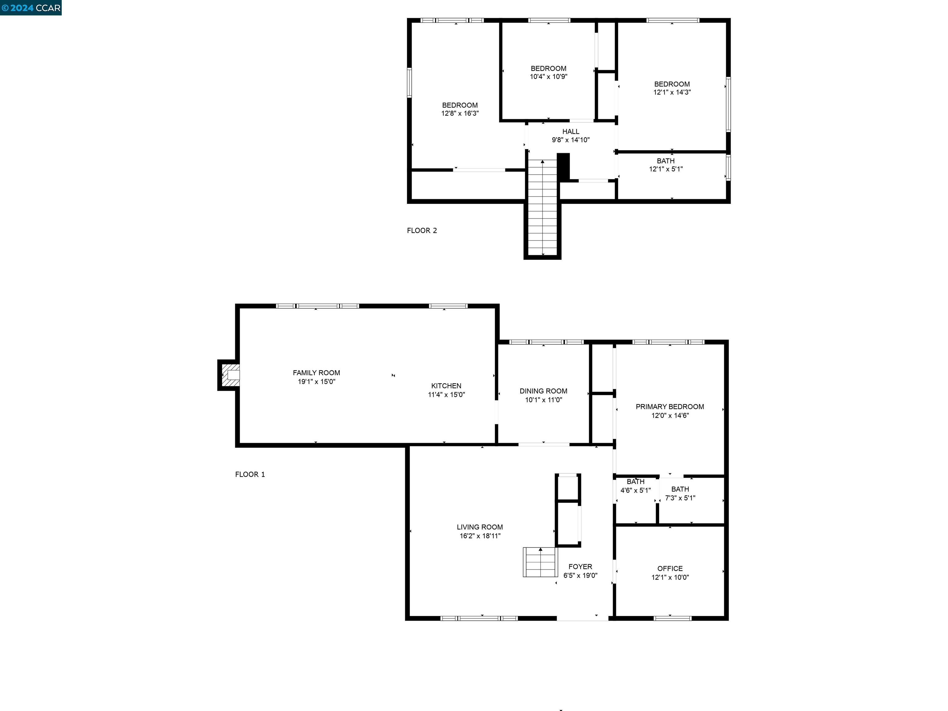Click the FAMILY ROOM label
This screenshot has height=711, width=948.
coord(316,373)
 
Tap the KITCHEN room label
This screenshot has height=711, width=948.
coord(446,386)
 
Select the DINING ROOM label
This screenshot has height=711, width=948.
coord(543,391)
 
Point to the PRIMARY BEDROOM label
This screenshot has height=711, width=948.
coord(669,407)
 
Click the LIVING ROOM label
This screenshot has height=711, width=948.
coord(480,527)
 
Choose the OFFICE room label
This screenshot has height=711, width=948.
coord(670,568)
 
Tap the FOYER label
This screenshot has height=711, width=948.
coord(580,567)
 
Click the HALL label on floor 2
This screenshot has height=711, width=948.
coord(570,131)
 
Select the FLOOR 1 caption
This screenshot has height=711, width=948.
coord(250,474)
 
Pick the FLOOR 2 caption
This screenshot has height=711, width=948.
coord(422,231)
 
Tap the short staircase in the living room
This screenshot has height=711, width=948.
coord(540,562)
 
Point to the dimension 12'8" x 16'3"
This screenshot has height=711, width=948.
coord(460,114)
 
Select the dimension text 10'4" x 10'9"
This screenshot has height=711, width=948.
coord(549,77)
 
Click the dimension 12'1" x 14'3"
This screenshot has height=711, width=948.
coord(671,92)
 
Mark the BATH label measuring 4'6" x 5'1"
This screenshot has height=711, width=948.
coord(635,482)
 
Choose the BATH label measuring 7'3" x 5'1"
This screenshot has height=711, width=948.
coord(680,489)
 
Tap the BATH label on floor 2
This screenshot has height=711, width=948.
coord(666,161)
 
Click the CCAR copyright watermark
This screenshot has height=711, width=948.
coord(31,8)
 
